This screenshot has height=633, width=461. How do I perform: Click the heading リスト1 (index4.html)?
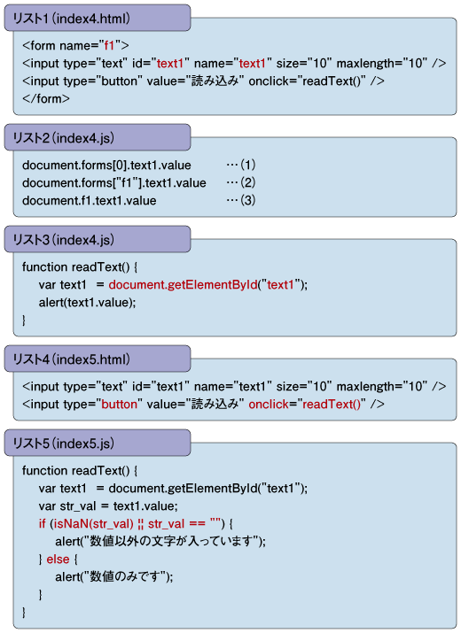click(x=72, y=19)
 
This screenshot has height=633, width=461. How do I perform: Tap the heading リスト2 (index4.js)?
click(x=64, y=138)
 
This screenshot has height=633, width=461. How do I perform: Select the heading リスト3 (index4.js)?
click(x=64, y=240)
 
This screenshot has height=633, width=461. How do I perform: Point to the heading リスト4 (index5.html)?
click(x=72, y=359)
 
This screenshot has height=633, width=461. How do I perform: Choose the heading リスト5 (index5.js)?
click(x=64, y=444)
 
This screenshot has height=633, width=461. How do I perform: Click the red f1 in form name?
click(x=109, y=46)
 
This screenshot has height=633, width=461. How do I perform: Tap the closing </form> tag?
click(x=46, y=99)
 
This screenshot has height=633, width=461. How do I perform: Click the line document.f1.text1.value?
click(x=90, y=201)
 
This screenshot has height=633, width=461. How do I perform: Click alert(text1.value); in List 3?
click(x=88, y=303)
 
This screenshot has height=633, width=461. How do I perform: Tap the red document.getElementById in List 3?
click(x=184, y=285)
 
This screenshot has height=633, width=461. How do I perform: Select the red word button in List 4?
click(x=120, y=404)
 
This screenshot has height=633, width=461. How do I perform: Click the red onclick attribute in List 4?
click(x=267, y=404)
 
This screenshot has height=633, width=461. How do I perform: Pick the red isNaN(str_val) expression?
click(x=93, y=524)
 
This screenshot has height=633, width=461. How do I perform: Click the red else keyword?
click(x=58, y=560)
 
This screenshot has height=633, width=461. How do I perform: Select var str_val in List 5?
click(x=67, y=506)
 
